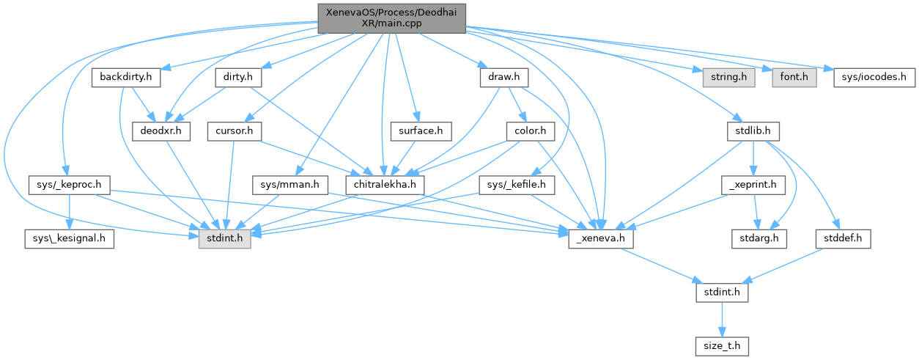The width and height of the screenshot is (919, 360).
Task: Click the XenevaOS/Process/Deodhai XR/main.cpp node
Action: pyautogui.click(x=391, y=18)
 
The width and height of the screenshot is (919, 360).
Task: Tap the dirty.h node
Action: pyautogui.click(x=234, y=76)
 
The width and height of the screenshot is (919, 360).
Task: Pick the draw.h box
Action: pyautogui.click(x=498, y=76)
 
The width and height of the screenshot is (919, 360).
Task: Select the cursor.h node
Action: pyautogui.click(x=235, y=131)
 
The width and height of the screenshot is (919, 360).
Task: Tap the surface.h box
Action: pyautogui.click(x=420, y=131)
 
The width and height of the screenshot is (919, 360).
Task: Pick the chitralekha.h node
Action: pyautogui.click(x=385, y=185)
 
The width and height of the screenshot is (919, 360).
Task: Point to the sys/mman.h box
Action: pyautogui.click(x=289, y=185)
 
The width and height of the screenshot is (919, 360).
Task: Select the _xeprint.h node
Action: pyautogui.click(x=753, y=185)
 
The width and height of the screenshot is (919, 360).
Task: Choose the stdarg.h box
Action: pyautogui.click(x=759, y=239)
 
